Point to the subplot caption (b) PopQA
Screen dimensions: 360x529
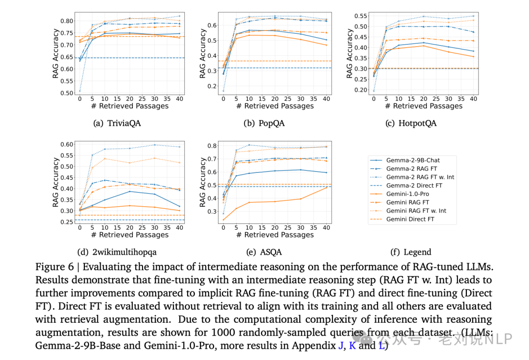tap(264, 123)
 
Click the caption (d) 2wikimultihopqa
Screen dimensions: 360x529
tap(117, 252)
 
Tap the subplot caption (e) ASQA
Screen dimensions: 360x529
tap(264, 252)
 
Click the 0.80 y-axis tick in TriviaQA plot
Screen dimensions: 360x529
tap(66, 21)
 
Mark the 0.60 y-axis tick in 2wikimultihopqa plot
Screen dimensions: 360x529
tap(66, 144)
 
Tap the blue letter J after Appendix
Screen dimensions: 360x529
tap(340, 345)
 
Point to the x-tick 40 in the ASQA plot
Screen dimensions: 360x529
tap(325, 228)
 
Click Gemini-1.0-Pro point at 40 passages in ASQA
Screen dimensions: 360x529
tap(325, 188)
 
